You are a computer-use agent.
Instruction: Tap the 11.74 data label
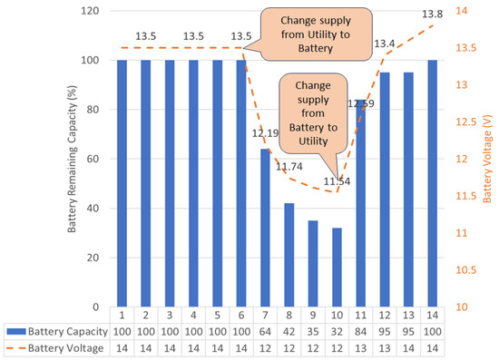click(x=289, y=167)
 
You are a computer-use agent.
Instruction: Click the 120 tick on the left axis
click(x=92, y=12)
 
